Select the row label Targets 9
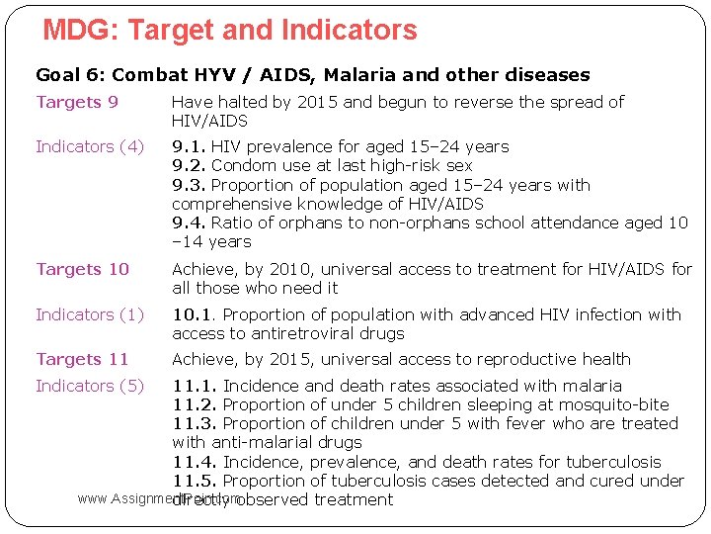(77, 102)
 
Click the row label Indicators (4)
(89, 146)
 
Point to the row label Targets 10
(82, 269)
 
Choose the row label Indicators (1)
(89, 314)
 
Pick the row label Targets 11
(82, 359)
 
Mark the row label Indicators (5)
(89, 386)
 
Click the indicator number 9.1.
(189, 146)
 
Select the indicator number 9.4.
(189, 222)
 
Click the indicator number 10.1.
(195, 314)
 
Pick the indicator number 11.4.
(195, 462)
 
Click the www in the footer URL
(92, 499)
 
